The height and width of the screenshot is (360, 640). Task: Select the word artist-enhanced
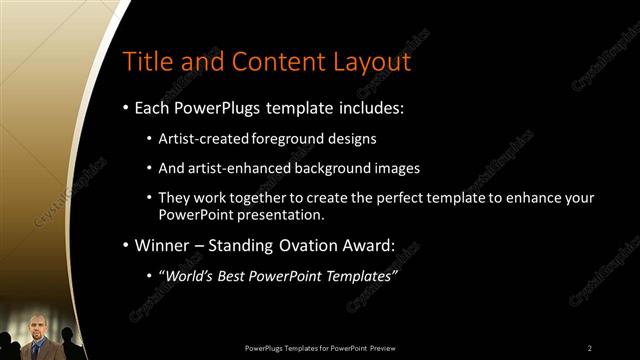237,168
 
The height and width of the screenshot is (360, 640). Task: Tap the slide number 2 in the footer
589,347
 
